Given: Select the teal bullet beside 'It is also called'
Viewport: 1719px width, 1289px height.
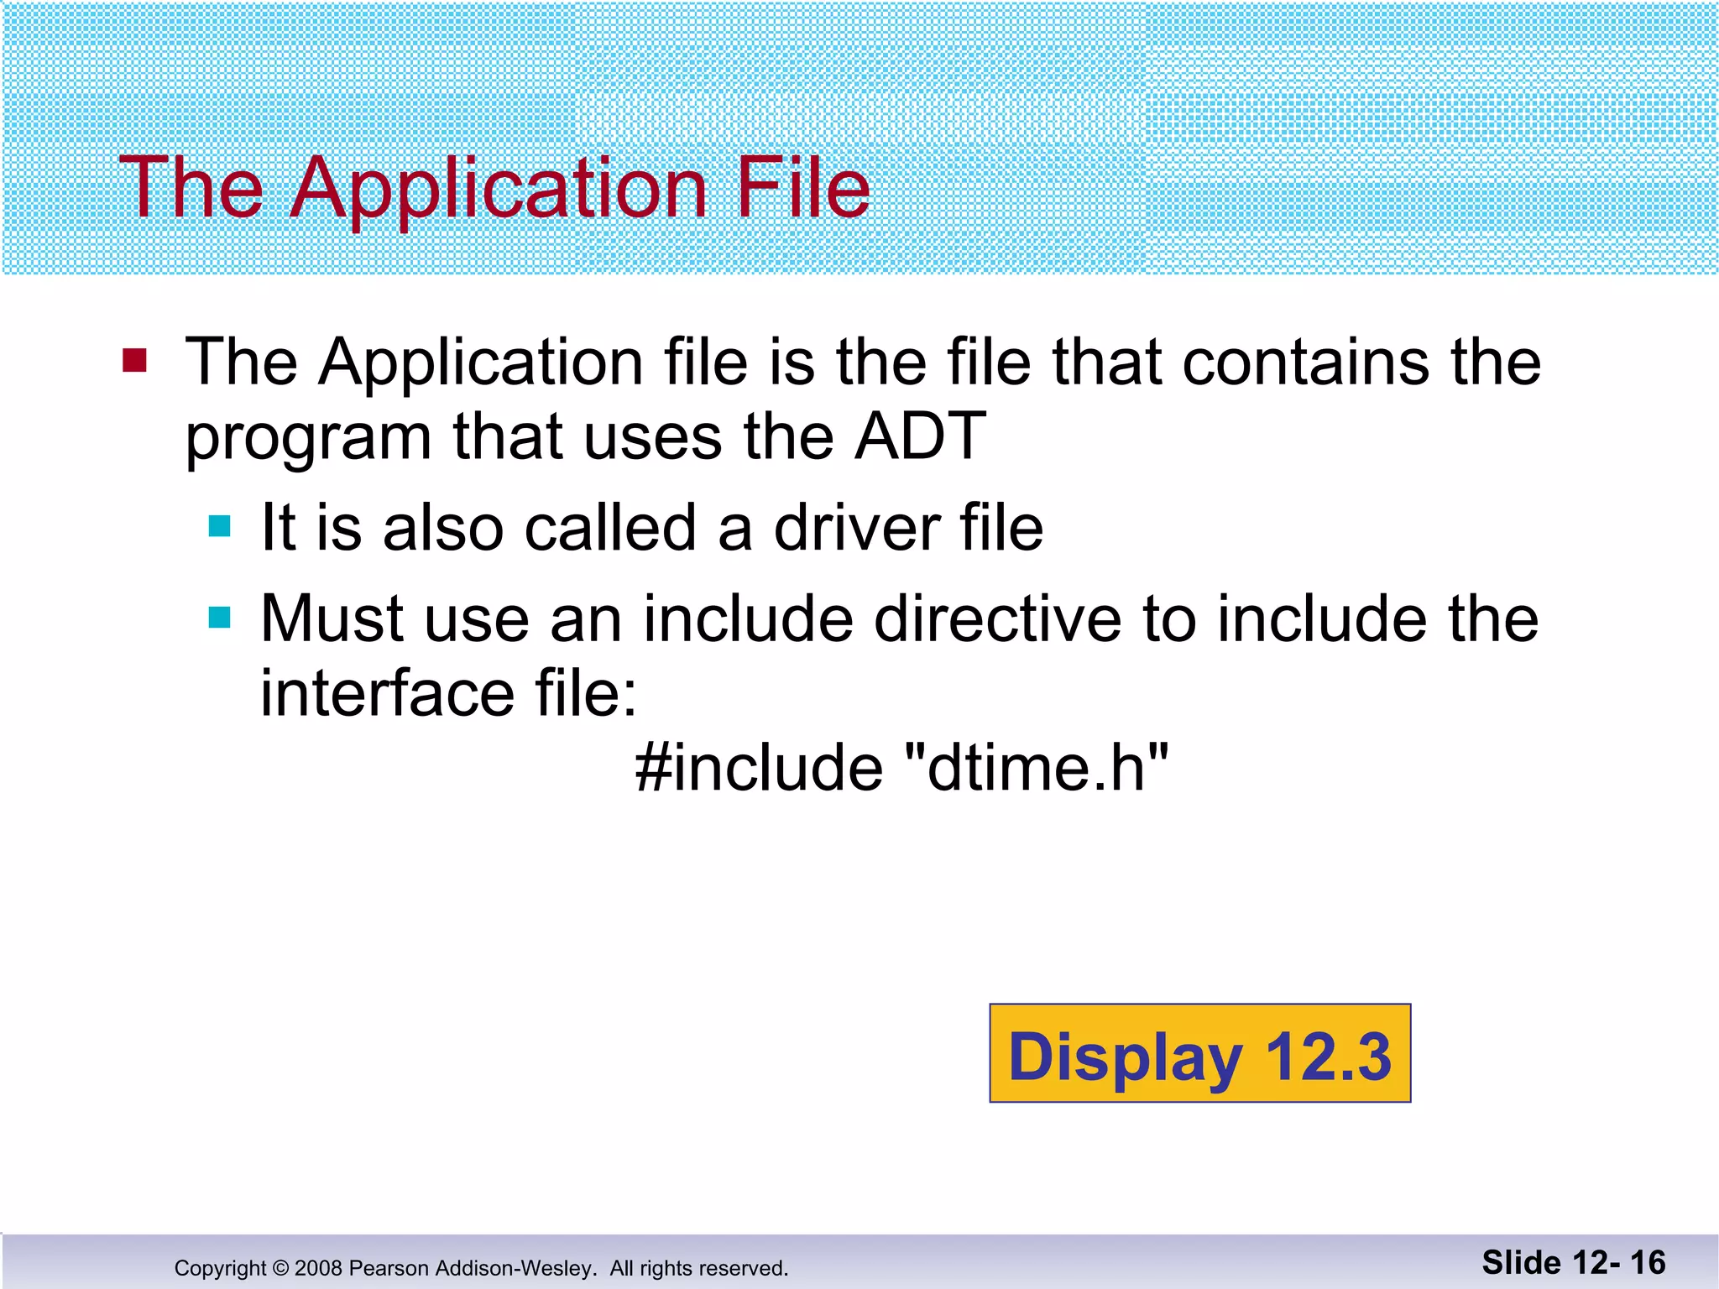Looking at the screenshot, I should (x=219, y=527).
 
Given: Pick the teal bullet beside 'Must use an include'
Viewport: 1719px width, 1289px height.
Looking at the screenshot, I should (x=219, y=618).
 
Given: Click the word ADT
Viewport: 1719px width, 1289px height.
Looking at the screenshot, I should (x=920, y=436).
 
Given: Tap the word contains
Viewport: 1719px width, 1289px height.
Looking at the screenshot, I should (x=1306, y=363).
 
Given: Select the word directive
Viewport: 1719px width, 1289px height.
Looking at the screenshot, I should (x=997, y=619).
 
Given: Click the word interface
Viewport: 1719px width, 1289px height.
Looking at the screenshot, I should (x=387, y=693).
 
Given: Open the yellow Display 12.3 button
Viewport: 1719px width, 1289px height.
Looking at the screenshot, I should (x=1199, y=1053).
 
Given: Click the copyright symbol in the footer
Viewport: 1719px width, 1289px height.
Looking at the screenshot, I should (x=280, y=1268).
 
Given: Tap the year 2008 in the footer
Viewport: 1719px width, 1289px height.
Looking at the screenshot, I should (x=318, y=1268).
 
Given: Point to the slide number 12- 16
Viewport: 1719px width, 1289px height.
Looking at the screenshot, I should (x=1620, y=1262).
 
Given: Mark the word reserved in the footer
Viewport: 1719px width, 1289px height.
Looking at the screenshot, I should (x=742, y=1268).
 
